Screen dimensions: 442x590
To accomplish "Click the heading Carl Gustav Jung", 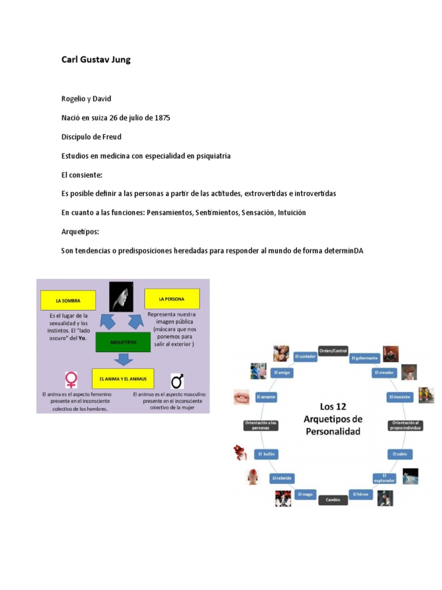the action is click(x=96, y=59).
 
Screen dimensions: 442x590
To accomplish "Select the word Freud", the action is click(x=109, y=137).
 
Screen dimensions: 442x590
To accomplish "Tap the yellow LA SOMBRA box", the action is click(x=67, y=300).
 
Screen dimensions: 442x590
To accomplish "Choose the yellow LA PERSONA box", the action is click(x=172, y=298).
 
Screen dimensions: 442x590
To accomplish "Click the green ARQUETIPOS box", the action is click(x=123, y=342).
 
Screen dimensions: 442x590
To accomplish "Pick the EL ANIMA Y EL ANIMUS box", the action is click(x=123, y=379).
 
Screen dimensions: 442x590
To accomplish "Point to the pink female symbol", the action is click(x=71, y=380).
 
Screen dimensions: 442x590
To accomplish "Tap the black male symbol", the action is click(x=177, y=380).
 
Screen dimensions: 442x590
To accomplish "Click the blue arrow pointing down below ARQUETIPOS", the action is click(x=123, y=360).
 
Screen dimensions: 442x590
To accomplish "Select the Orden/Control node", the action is click(x=333, y=351).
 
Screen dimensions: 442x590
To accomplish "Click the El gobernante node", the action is click(x=364, y=358).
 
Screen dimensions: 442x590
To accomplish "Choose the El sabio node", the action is click(x=399, y=455).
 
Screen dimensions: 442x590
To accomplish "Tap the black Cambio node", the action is click(x=333, y=500).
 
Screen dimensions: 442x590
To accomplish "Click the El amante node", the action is click(x=266, y=398).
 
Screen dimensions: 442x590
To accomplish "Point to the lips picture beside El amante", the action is click(x=241, y=398).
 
